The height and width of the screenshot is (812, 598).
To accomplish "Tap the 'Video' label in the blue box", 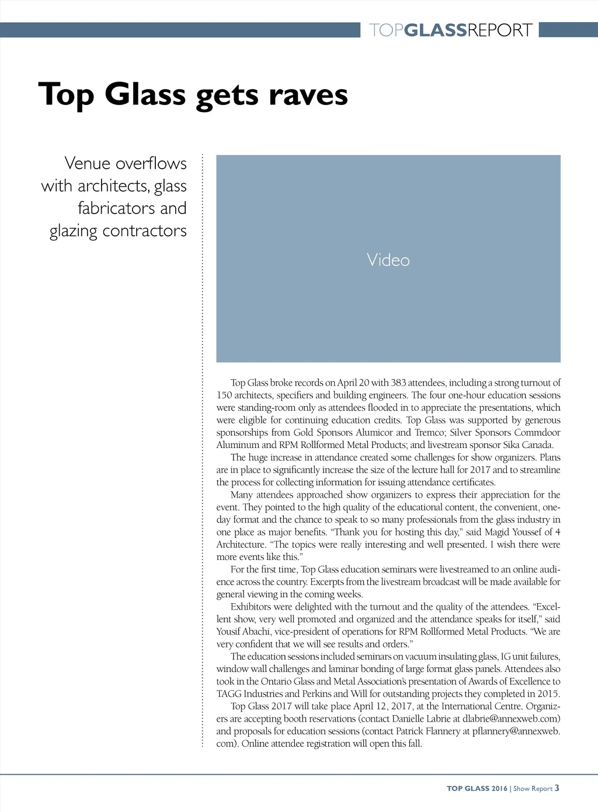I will [388, 260].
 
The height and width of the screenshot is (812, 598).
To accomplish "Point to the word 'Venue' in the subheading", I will [87, 163].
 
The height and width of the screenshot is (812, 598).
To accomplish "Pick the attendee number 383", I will [398, 383].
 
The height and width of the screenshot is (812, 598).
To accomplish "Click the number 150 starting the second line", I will [224, 395].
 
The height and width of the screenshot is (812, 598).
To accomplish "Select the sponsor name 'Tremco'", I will [429, 432].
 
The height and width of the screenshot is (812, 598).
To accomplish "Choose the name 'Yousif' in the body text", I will [228, 631].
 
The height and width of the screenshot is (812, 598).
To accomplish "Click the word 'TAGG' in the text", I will [228, 694].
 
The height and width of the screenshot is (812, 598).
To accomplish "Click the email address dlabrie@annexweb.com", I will [511, 719].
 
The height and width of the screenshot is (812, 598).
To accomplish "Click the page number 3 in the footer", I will [557, 787].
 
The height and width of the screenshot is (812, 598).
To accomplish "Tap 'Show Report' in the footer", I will [533, 788].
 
